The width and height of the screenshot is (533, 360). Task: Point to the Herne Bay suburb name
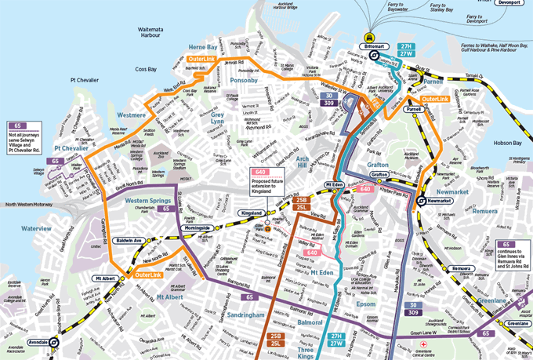[x=202, y=47]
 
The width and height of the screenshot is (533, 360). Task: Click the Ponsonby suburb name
[x=244, y=80]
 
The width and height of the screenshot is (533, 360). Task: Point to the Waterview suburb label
[x=36, y=228]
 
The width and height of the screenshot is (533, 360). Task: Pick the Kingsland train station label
[x=251, y=213]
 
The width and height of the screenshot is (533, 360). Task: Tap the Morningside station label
[x=190, y=227]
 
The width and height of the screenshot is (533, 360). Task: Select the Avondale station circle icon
[x=53, y=342]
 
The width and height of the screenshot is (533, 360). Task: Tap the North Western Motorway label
[x=34, y=205]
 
